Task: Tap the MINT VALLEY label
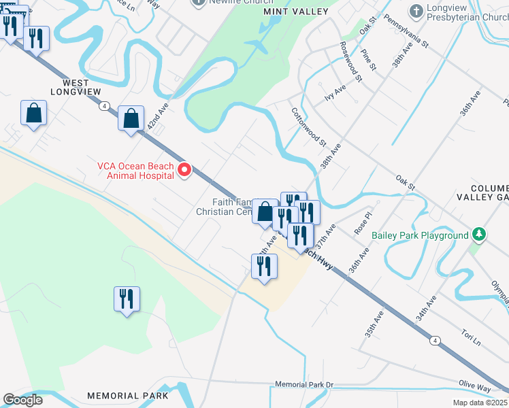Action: click(291, 12)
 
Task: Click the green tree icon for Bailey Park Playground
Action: click(479, 235)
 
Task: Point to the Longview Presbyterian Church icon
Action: click(416, 11)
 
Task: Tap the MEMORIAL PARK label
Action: click(128, 396)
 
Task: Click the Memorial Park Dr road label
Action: click(304, 385)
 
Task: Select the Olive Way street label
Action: click(474, 386)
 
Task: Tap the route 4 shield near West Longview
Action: click(103, 106)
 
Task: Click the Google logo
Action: click(22, 400)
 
